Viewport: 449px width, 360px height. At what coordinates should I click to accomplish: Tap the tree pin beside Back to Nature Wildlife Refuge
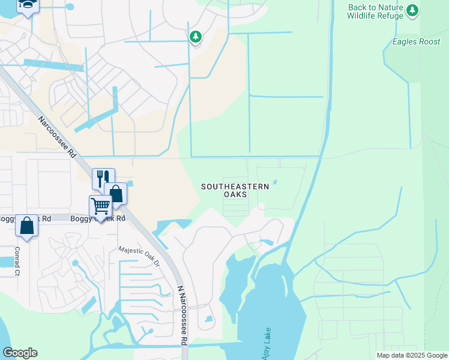coord(412,10)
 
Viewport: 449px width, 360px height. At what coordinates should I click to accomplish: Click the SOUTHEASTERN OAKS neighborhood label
coord(235,191)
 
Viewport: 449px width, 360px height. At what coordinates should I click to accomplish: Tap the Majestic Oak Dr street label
coord(139,256)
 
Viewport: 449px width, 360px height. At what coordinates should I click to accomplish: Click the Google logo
coord(20,353)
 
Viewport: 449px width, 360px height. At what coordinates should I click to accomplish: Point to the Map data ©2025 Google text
coord(411,355)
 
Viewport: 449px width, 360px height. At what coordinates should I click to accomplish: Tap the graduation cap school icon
coord(28,5)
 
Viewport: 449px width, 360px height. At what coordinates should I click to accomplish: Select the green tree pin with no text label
coord(195,37)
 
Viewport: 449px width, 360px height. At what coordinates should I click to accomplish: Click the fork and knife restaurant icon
coord(103,178)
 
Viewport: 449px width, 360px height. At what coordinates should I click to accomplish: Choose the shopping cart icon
coord(100,206)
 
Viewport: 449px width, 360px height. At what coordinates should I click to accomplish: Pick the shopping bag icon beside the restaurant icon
coord(116,193)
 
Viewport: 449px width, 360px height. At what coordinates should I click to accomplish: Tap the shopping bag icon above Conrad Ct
coord(26,226)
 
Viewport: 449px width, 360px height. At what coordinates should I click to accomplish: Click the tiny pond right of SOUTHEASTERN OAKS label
coord(276,182)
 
